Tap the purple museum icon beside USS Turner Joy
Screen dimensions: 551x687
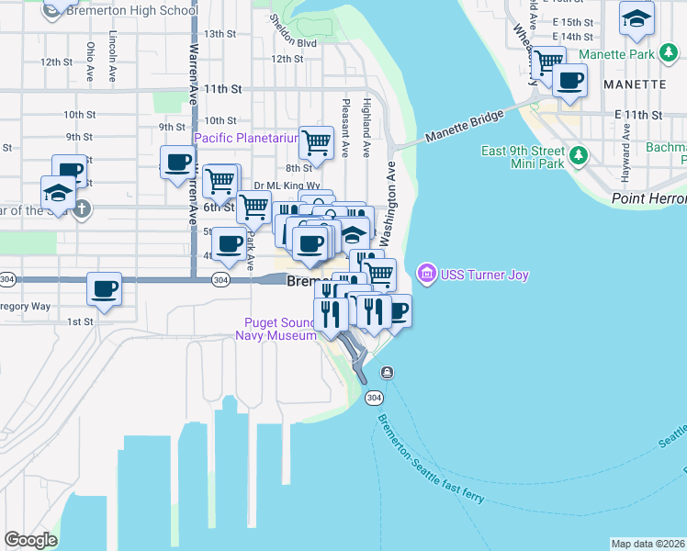point(426,274)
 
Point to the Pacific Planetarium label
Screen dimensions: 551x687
point(245,138)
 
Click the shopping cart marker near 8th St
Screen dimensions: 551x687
point(316,143)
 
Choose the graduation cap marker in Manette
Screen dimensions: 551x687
point(636,17)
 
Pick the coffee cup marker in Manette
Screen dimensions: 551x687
point(570,80)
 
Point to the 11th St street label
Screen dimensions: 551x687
point(223,89)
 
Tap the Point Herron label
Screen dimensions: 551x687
point(648,199)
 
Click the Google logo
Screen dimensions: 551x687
point(31,539)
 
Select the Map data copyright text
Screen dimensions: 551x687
point(648,544)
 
